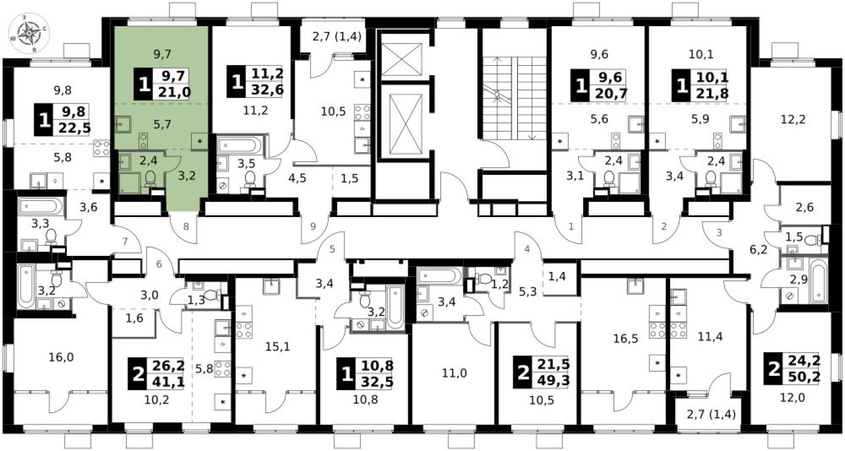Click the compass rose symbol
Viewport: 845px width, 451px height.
coord(27,33)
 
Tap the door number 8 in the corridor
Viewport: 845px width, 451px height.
coord(186,226)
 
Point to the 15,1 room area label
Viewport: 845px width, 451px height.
coord(276,345)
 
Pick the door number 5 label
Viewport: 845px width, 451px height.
coord(333,249)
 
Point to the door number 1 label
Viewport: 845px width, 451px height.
coord(571,226)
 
